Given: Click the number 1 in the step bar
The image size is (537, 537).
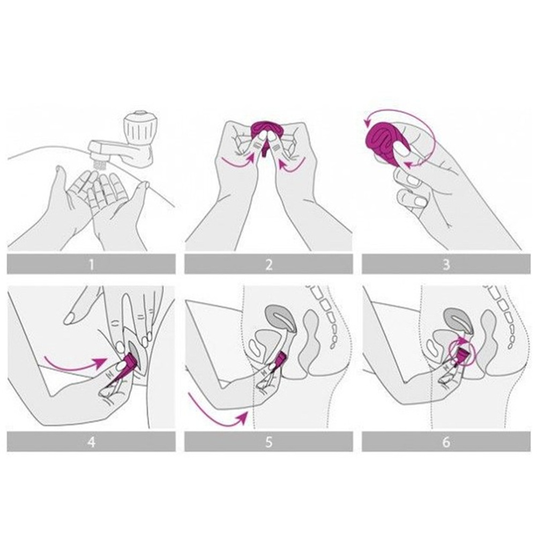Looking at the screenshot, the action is pos(91,265).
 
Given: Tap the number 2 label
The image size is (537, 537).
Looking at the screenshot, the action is pos(269,265).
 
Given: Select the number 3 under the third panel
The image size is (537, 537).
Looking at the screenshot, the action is pos(446,265).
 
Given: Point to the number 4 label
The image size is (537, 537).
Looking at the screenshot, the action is pos(91,442).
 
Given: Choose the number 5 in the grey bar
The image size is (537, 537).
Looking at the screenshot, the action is pos(269,442).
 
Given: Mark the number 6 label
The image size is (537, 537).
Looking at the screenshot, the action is pos(446,442).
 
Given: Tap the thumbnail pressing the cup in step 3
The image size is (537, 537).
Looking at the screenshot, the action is pos(401,150).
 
